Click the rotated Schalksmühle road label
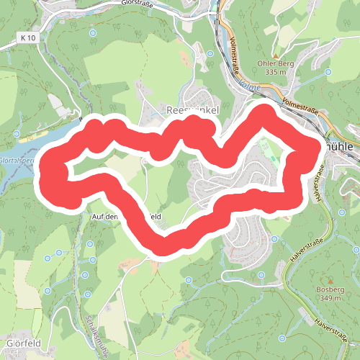[95, 334]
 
